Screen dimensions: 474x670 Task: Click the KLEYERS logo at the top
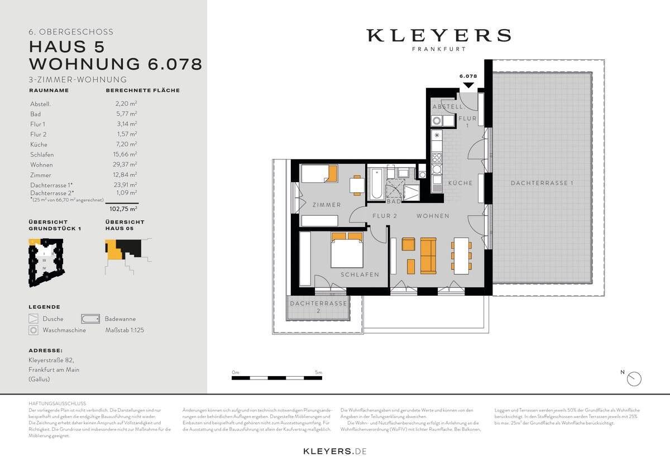tap(438, 36)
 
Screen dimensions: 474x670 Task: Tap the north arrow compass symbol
tap(634, 378)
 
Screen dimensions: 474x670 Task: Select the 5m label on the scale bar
tap(318, 372)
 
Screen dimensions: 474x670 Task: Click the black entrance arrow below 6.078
tap(468, 85)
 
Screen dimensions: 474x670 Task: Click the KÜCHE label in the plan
tap(460, 183)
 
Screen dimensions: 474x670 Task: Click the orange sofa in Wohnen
tap(428, 255)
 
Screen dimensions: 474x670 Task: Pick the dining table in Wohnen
tap(461, 255)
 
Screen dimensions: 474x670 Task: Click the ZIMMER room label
tap(327, 205)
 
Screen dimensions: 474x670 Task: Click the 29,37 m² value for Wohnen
tap(126, 165)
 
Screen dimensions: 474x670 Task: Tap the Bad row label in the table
tap(35, 114)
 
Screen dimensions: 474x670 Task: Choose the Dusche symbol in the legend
tap(34, 319)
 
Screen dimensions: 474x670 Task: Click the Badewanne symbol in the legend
tap(90, 319)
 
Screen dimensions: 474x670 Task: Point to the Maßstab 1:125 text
tap(125, 330)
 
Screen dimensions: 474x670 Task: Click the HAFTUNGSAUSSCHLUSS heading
tap(57, 403)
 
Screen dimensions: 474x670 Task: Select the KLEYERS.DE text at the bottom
tap(334, 451)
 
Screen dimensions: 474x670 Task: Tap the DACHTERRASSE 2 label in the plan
tap(317, 306)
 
